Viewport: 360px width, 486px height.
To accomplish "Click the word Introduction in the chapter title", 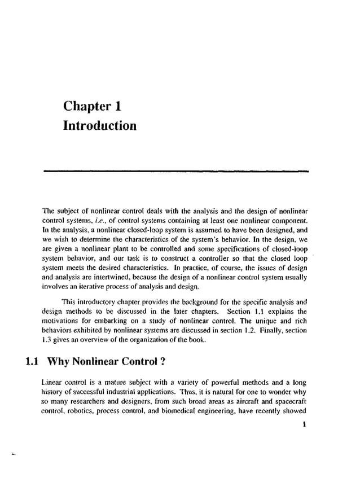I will (100, 125).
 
